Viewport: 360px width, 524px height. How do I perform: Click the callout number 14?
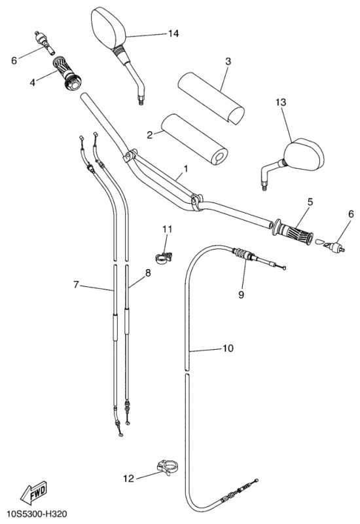click(173, 33)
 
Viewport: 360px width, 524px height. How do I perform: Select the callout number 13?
click(281, 102)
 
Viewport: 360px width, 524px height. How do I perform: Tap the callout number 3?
click(228, 62)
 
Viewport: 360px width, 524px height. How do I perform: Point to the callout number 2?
click(150, 135)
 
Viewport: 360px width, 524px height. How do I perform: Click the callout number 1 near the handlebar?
click(186, 168)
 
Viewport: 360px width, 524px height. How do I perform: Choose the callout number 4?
click(32, 83)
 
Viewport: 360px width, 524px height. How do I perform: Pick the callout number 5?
click(310, 202)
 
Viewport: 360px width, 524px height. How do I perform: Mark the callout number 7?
click(76, 285)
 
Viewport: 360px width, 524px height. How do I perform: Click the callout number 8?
click(148, 273)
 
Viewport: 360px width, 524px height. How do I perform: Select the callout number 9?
click(241, 294)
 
